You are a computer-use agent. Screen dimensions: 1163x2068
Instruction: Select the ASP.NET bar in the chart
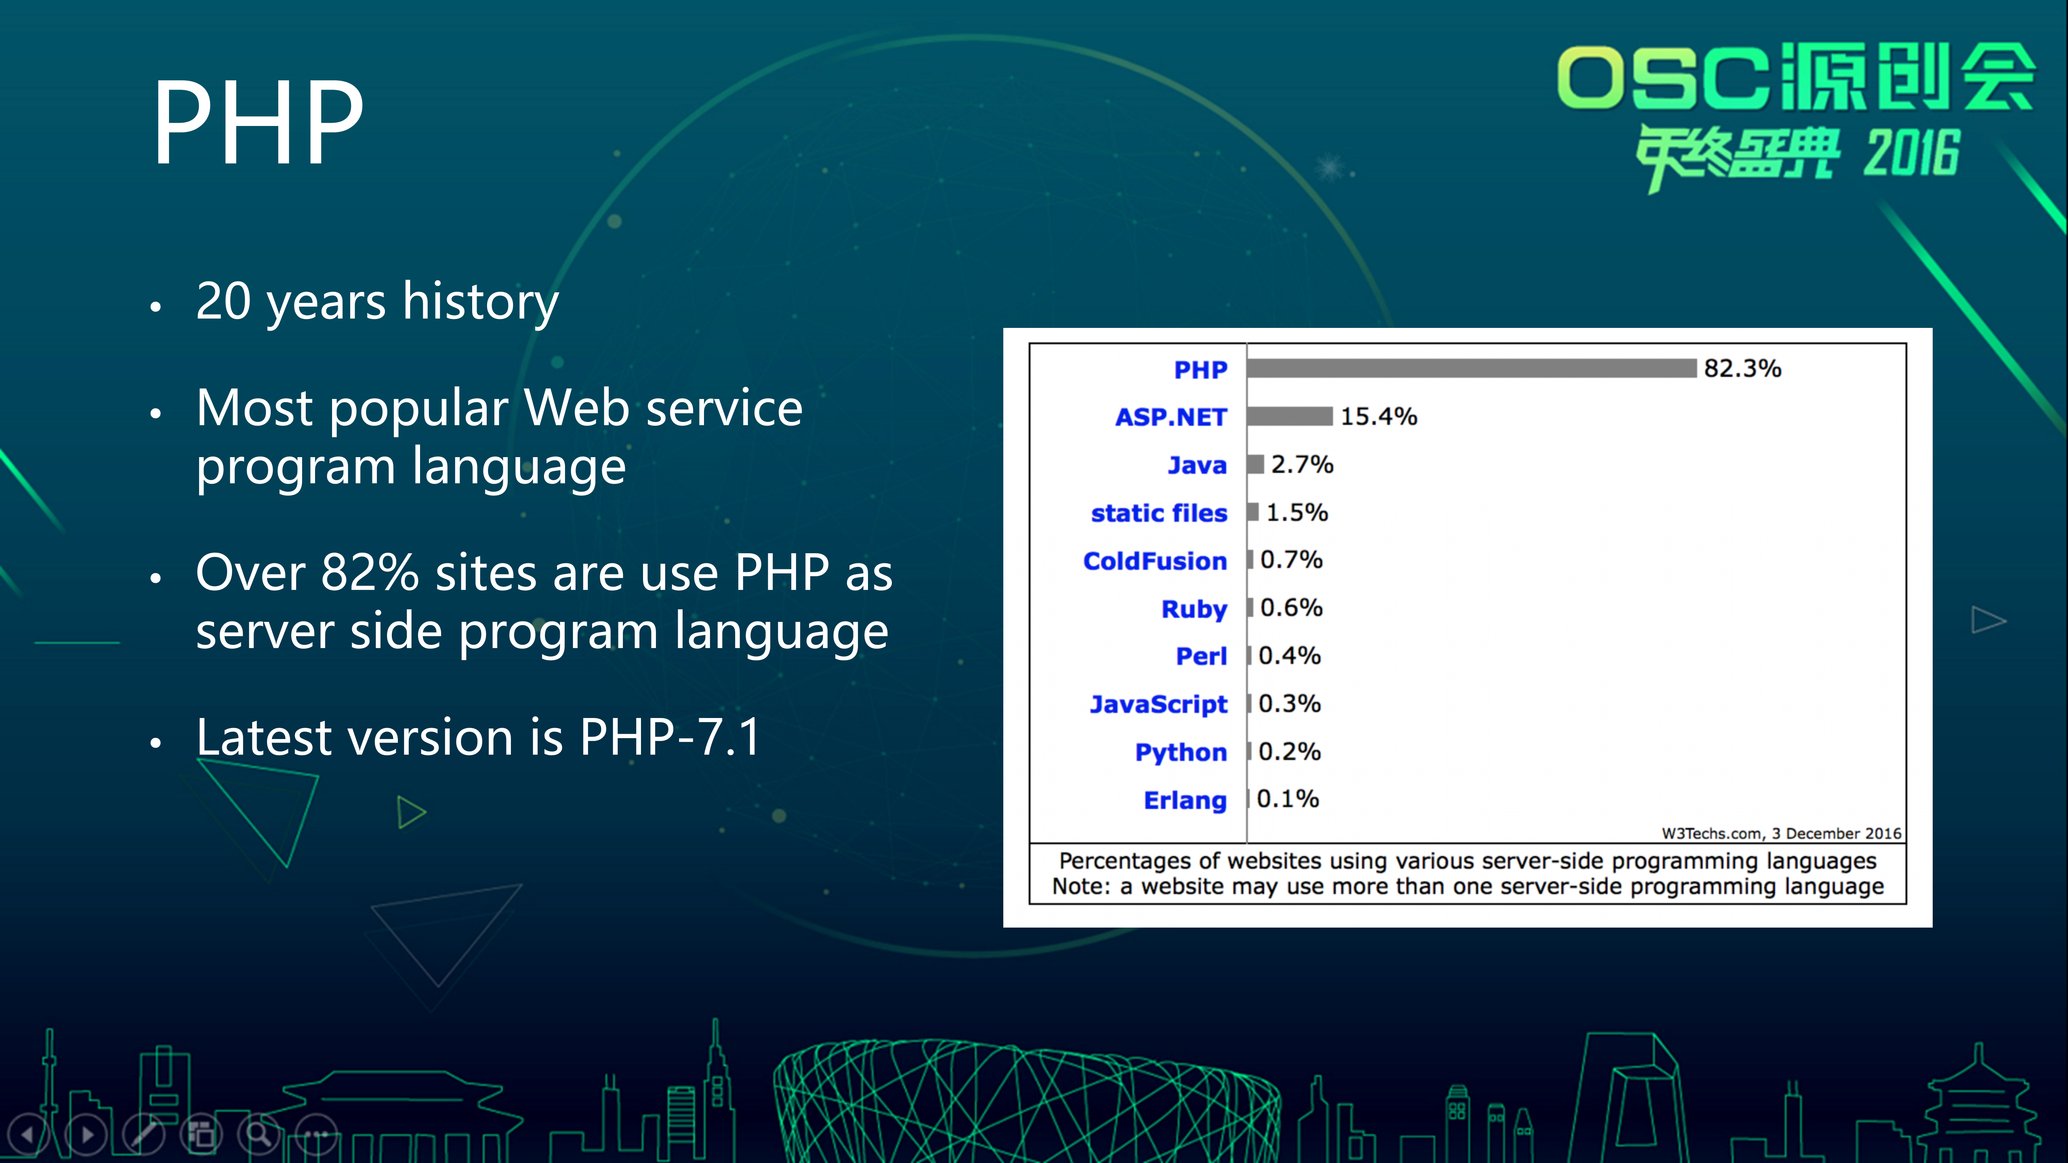click(x=1289, y=416)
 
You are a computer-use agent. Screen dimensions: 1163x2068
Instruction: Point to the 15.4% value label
click(x=1379, y=417)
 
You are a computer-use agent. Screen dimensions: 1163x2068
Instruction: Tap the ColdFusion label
click(x=1154, y=561)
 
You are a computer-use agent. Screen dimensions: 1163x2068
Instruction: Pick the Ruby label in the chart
click(x=1194, y=609)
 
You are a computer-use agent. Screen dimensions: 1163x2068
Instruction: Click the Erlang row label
click(x=1185, y=800)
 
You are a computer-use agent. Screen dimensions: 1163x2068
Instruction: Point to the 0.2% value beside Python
click(x=1289, y=752)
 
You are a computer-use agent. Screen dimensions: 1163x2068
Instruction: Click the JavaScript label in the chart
click(x=1158, y=705)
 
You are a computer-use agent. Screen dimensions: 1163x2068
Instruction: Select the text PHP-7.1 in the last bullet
click(x=670, y=737)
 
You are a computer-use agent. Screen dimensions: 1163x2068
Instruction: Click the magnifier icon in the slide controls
click(x=258, y=1134)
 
